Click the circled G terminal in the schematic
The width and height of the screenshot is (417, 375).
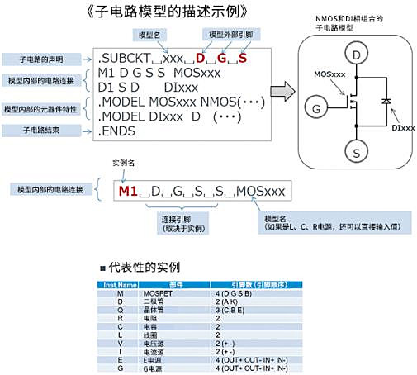[315, 106]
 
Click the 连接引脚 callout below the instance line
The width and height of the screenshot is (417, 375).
[182, 224]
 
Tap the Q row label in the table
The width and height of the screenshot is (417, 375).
[121, 308]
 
